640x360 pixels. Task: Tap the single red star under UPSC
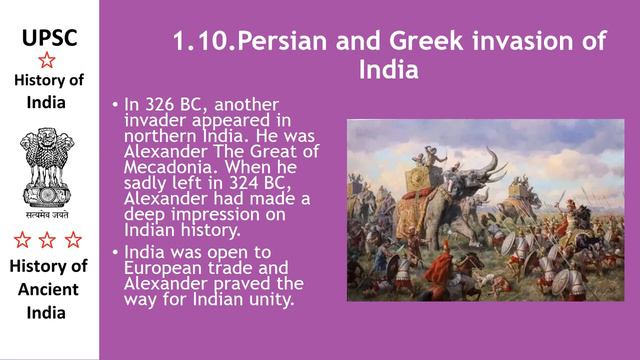(x=47, y=60)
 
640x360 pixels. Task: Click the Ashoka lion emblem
(x=47, y=165)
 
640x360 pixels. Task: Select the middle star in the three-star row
(x=47, y=239)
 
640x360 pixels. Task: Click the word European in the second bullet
(x=163, y=268)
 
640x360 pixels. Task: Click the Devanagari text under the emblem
(x=47, y=213)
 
